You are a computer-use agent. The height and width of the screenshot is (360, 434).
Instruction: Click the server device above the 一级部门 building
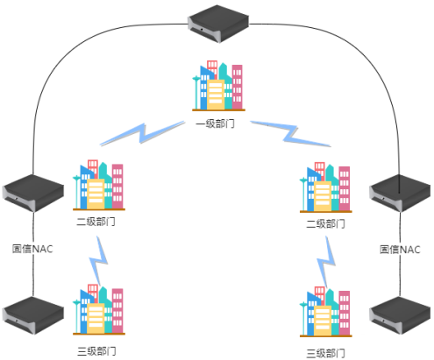point(218,24)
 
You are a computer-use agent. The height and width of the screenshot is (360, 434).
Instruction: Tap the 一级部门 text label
point(215,124)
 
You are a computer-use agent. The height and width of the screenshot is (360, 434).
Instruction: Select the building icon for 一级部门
point(218,86)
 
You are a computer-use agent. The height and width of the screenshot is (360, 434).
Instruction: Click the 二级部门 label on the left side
point(96,222)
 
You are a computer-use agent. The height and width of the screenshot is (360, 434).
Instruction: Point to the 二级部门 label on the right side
point(325,224)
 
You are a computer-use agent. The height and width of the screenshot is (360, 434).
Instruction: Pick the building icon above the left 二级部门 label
point(99,185)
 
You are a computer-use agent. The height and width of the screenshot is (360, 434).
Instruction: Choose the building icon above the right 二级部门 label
point(326,187)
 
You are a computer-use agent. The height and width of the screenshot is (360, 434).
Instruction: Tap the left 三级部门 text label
point(96,351)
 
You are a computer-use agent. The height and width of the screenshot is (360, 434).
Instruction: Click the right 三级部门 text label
point(325,353)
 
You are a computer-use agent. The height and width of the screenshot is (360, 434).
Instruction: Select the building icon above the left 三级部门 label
point(99,309)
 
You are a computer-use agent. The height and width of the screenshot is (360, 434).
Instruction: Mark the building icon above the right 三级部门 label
point(326,312)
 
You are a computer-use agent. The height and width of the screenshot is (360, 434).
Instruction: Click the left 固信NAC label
point(32,249)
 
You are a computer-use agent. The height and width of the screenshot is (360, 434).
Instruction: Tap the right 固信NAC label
point(400,250)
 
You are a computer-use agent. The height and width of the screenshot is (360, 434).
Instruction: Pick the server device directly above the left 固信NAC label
point(33,194)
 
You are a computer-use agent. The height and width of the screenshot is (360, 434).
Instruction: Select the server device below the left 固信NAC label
point(33,315)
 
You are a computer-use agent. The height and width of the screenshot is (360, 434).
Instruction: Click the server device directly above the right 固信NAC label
point(400,194)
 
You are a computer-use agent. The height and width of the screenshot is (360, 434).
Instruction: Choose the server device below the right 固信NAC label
point(400,315)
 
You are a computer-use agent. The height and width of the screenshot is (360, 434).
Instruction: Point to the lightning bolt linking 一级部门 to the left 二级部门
point(142,133)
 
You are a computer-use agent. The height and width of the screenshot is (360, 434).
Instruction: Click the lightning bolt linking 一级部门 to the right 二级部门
point(290,133)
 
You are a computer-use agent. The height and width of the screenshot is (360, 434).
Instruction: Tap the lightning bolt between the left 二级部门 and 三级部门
point(98,261)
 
